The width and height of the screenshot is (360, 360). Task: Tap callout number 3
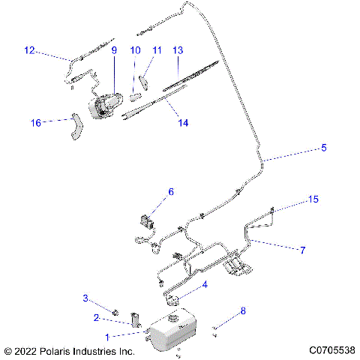[x=106, y=299]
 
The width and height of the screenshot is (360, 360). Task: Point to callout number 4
[x=205, y=285]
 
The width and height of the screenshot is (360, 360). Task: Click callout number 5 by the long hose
[x=324, y=148]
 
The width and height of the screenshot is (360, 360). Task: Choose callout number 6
[x=170, y=192]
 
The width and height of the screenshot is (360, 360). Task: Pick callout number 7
[x=302, y=250]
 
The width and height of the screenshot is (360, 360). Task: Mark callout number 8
[x=241, y=310]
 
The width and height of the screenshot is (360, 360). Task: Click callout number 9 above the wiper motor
[x=115, y=51]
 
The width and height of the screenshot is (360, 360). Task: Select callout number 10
[x=136, y=51]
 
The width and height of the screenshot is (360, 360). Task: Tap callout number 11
[x=157, y=51]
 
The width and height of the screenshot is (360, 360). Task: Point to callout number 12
[x=29, y=51]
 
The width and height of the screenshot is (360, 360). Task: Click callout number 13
[x=178, y=51]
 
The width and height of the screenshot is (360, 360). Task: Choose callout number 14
[x=183, y=123]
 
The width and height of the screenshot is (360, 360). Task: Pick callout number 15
[x=314, y=200]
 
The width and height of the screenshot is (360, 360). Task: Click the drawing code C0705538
[x=331, y=350]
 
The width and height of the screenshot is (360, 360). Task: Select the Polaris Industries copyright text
[x=69, y=350]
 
